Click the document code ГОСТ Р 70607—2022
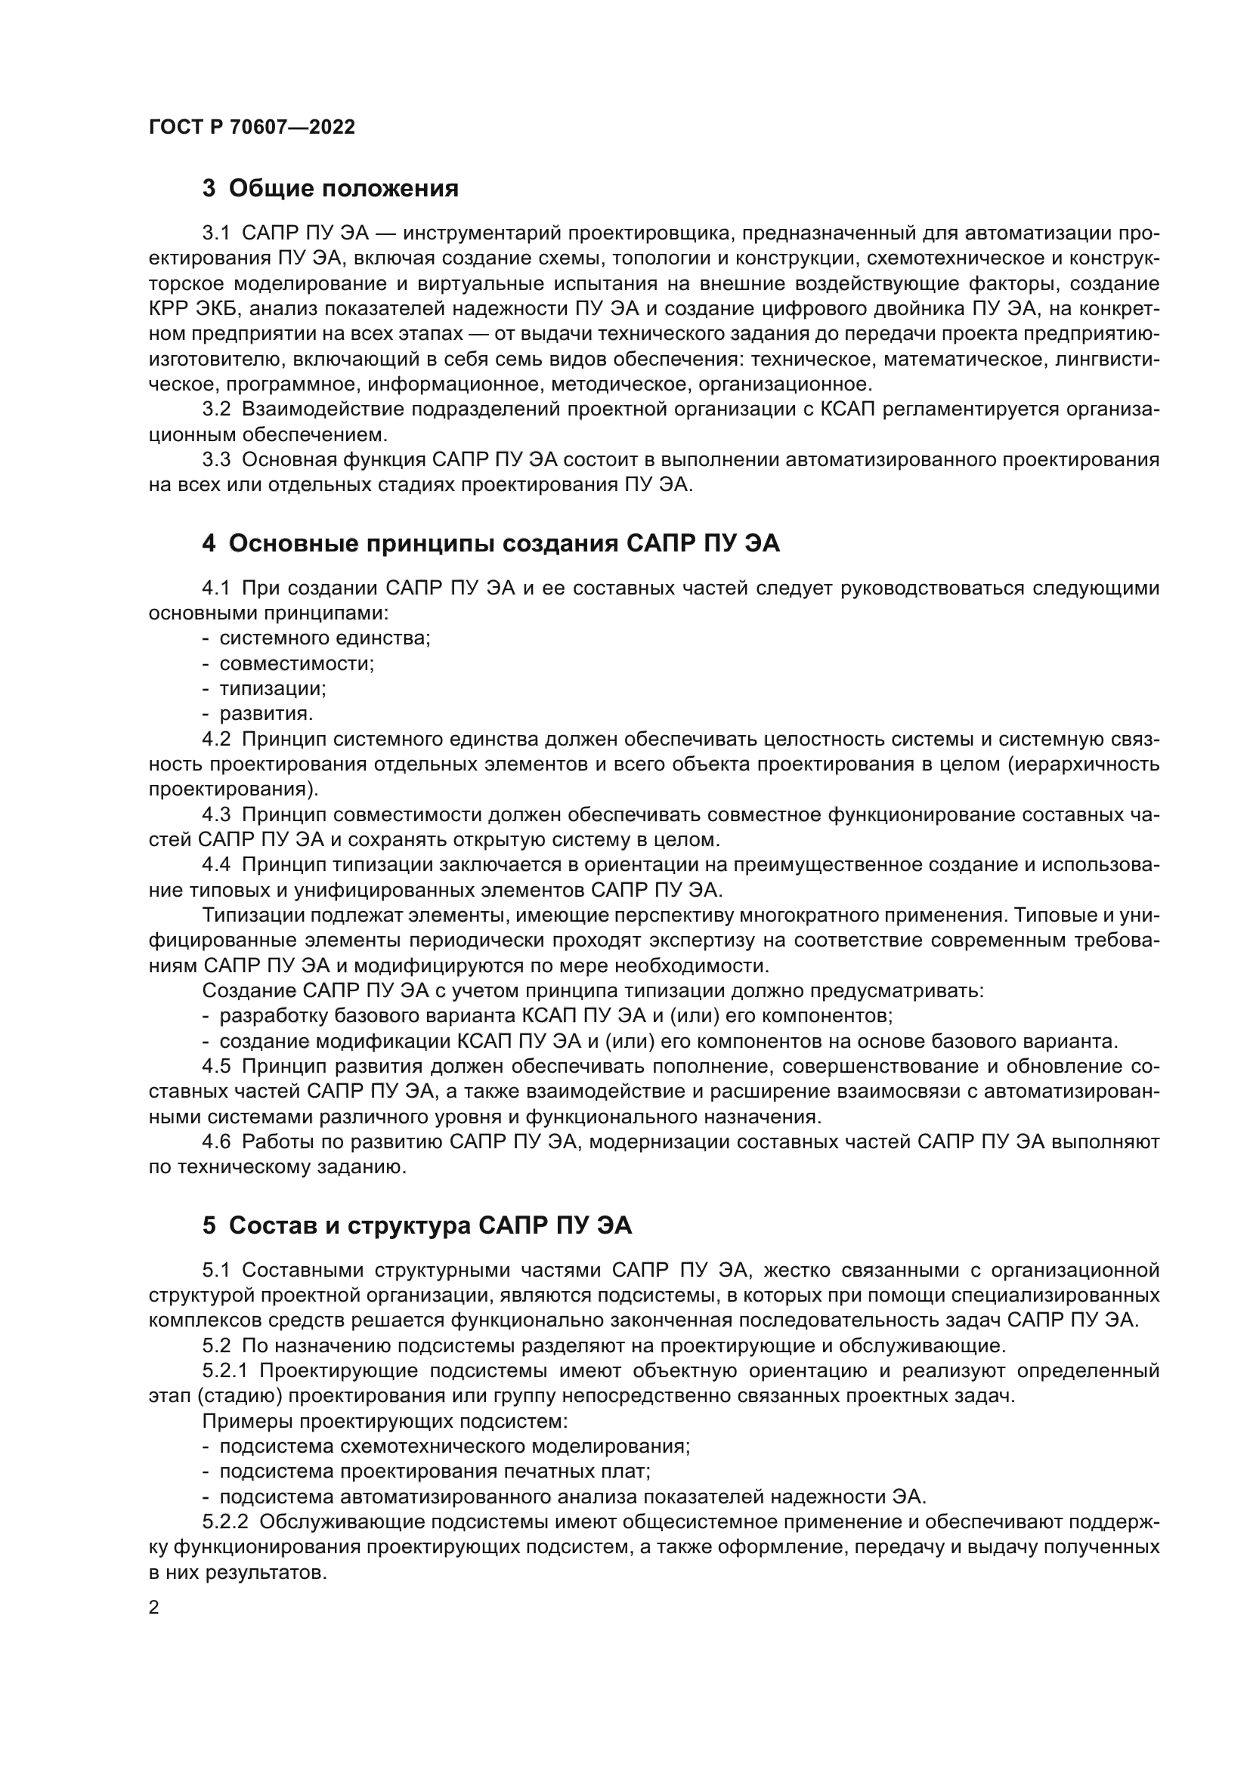click(252, 128)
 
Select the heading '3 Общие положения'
click(330, 189)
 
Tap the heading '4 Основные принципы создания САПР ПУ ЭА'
click(490, 543)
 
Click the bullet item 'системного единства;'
click(324, 638)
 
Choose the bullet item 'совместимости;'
click(296, 663)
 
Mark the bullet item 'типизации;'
click(273, 689)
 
